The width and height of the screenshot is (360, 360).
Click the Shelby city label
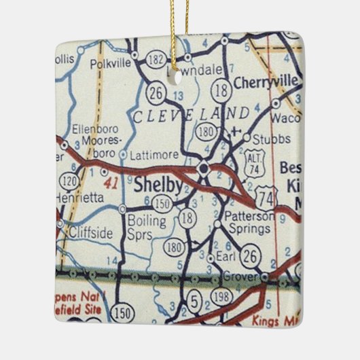click(158, 185)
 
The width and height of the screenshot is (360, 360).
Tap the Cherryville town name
click(266, 83)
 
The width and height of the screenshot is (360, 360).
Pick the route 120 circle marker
click(69, 183)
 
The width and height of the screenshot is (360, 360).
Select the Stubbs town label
click(266, 140)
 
